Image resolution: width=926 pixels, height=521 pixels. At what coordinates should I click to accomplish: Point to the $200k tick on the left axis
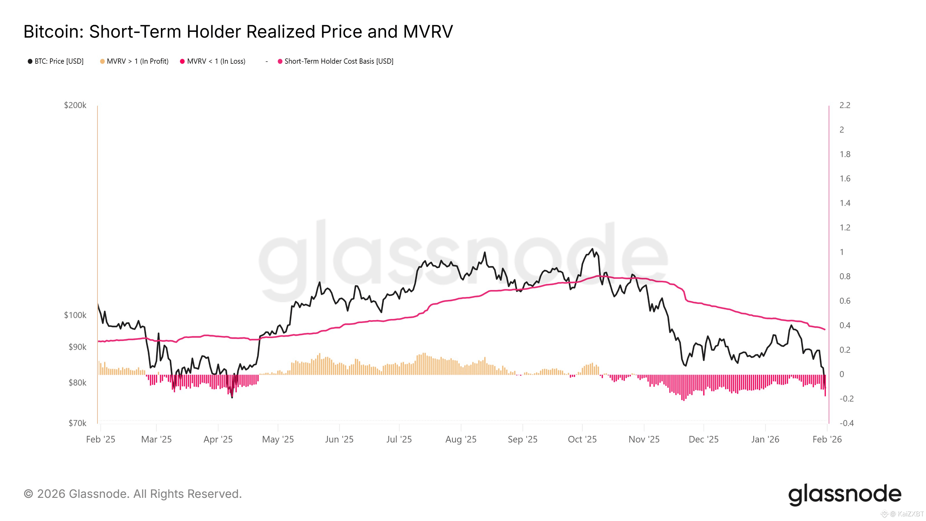(x=75, y=105)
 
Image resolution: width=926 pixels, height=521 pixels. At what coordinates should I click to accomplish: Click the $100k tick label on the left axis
(x=75, y=315)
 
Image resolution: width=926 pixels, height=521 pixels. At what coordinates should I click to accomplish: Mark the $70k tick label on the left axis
(x=77, y=423)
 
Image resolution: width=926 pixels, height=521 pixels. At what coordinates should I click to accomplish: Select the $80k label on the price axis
(x=77, y=383)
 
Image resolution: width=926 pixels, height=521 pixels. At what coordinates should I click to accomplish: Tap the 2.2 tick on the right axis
(x=845, y=105)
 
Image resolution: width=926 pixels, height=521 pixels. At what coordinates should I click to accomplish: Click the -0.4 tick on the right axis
(x=846, y=423)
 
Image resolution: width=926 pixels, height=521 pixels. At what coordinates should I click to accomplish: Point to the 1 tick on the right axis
(x=842, y=252)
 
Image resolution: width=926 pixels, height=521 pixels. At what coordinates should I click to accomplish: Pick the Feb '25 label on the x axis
(x=101, y=439)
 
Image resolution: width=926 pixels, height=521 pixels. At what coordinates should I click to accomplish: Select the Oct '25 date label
(x=582, y=439)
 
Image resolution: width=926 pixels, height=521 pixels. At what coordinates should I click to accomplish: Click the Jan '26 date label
(x=765, y=439)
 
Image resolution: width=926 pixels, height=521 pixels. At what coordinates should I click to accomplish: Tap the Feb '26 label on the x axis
(x=827, y=439)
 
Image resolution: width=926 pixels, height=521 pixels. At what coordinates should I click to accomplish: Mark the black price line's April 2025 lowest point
(x=232, y=397)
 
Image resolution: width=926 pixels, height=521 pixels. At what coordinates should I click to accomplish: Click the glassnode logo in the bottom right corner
(x=844, y=494)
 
